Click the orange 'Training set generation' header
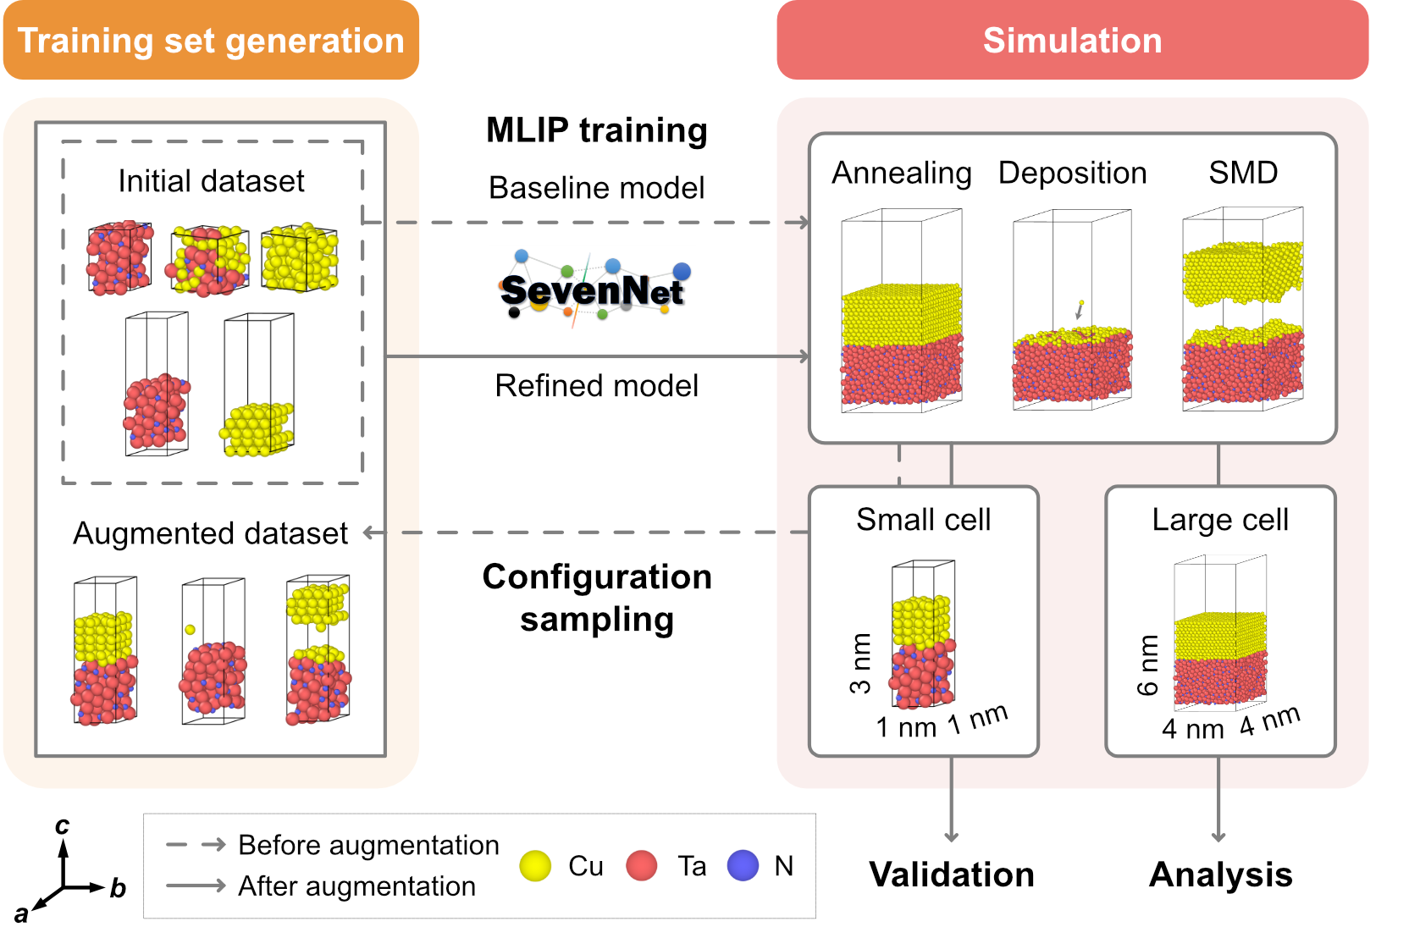(211, 41)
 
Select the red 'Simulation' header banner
(1072, 41)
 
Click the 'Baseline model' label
(596, 188)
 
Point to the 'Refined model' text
(596, 386)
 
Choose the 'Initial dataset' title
(211, 181)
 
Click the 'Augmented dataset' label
(210, 533)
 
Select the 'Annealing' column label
(901, 173)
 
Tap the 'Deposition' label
(1072, 173)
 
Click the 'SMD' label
(1243, 173)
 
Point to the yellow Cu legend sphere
(535, 866)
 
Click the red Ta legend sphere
(642, 866)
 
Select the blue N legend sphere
(743, 866)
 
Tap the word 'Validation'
(952, 875)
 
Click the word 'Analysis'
(1220, 875)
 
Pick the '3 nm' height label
(860, 664)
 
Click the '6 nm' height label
(1147, 665)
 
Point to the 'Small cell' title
(923, 520)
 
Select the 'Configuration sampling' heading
(597, 598)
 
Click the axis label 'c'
(62, 825)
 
